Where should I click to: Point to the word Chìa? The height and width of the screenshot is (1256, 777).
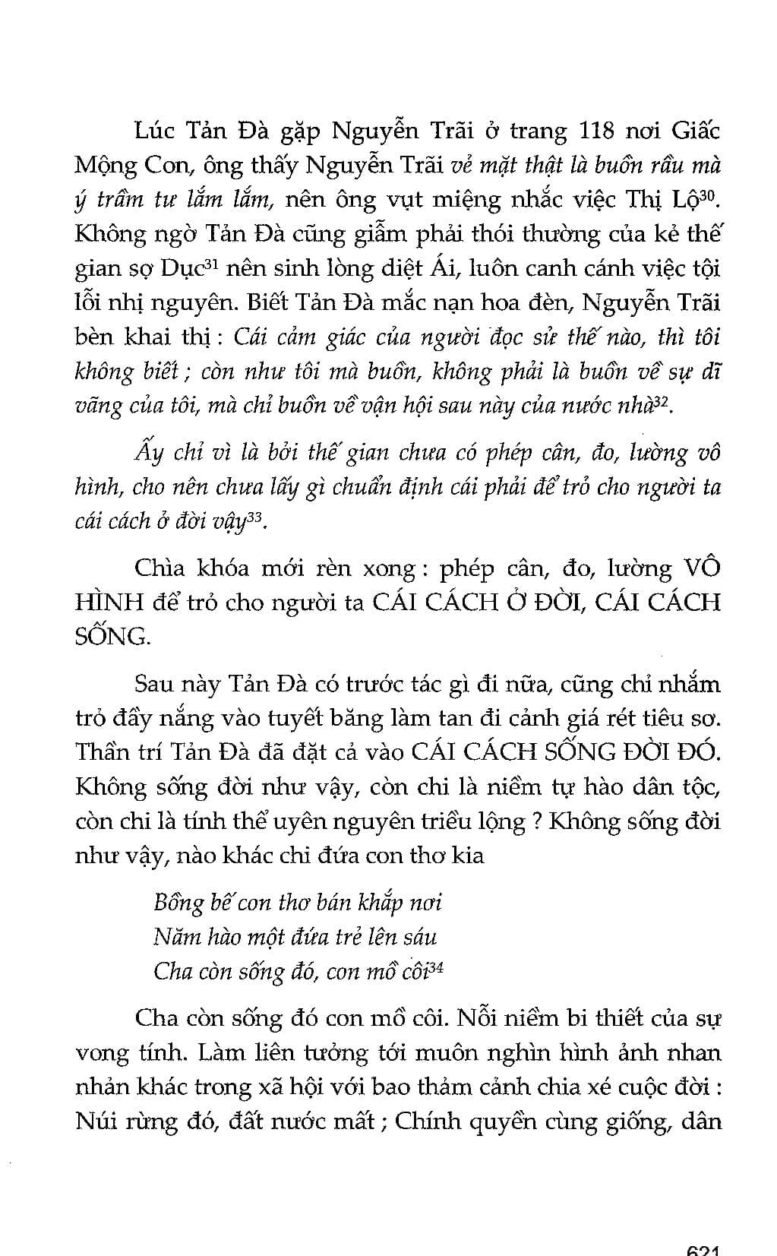point(159,569)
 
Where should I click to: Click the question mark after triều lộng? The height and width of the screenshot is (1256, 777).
point(536,821)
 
